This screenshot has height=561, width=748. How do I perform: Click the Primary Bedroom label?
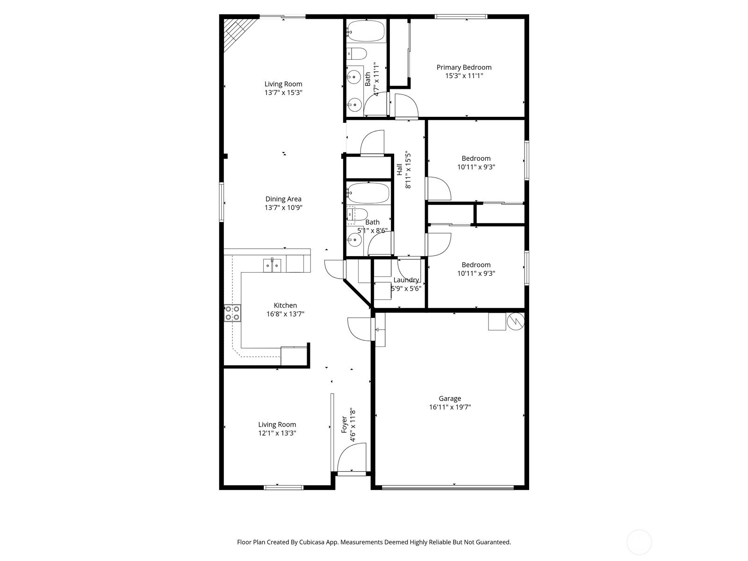tap(464, 67)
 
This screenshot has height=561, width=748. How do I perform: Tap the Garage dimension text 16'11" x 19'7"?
tap(450, 407)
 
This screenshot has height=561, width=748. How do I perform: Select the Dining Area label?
tap(283, 199)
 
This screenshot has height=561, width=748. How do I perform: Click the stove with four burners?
tap(232, 313)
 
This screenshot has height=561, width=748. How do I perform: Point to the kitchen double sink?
tap(272, 266)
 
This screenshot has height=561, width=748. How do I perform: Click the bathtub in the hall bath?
tap(368, 194)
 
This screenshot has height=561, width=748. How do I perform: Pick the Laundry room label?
tap(406, 280)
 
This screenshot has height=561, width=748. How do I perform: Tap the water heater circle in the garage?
tap(516, 321)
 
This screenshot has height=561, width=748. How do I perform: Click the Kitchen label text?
tap(285, 306)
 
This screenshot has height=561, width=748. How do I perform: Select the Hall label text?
tap(399, 170)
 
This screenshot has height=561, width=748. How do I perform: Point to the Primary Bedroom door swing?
tap(407, 106)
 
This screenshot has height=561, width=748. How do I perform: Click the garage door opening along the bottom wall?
tap(448, 488)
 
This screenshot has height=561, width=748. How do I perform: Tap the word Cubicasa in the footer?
tap(312, 542)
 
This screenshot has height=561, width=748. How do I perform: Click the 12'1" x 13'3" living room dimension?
tap(277, 433)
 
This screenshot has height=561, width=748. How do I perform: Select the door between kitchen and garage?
tap(360, 329)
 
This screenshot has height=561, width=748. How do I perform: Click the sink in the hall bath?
tap(355, 240)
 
